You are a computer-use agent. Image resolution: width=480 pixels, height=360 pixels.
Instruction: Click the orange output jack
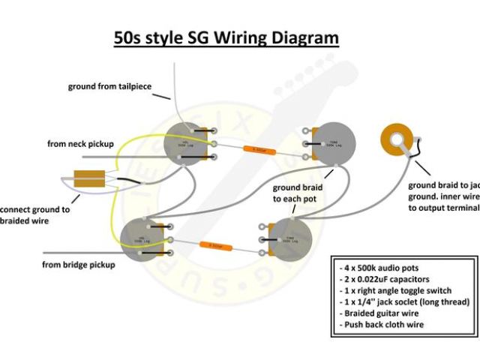tap(397, 139)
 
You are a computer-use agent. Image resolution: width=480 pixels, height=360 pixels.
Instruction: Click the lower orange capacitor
tap(215, 245)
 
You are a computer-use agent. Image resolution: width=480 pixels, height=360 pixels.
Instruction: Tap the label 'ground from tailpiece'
tap(109, 87)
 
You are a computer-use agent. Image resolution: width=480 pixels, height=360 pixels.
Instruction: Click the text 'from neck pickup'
tap(80, 143)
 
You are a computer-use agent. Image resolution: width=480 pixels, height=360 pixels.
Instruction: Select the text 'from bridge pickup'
tap(79, 265)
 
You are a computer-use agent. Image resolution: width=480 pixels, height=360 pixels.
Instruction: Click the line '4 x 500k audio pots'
tap(380, 268)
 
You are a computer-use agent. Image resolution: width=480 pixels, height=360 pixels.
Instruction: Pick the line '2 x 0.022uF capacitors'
tap(385, 280)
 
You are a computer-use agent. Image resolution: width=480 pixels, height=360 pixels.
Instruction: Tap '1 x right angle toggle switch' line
tap(400, 291)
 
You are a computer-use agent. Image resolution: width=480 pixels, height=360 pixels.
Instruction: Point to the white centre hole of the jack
tap(397, 139)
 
